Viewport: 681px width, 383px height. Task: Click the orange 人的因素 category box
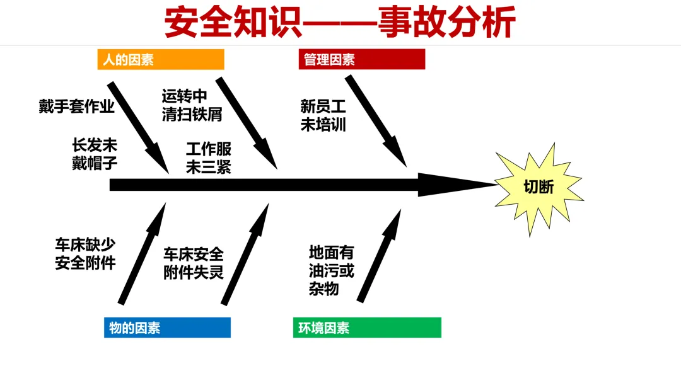point(161,60)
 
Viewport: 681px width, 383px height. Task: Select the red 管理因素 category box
point(361,60)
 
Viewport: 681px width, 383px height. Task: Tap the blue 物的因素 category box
point(167,328)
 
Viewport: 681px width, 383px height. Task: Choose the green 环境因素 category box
point(366,328)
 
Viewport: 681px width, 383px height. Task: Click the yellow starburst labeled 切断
point(539,187)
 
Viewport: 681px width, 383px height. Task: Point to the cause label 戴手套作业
point(76,106)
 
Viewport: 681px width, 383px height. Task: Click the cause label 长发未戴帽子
point(95,154)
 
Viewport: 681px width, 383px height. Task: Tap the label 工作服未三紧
point(208,158)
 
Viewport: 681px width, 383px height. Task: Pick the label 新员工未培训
point(323,116)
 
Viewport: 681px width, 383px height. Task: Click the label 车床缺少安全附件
point(85,254)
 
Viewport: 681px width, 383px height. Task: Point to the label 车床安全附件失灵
point(194,263)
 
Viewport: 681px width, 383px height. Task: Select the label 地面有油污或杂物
point(331,271)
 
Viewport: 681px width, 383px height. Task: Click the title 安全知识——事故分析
point(340,23)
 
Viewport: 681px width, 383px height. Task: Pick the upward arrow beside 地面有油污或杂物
point(379,256)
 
